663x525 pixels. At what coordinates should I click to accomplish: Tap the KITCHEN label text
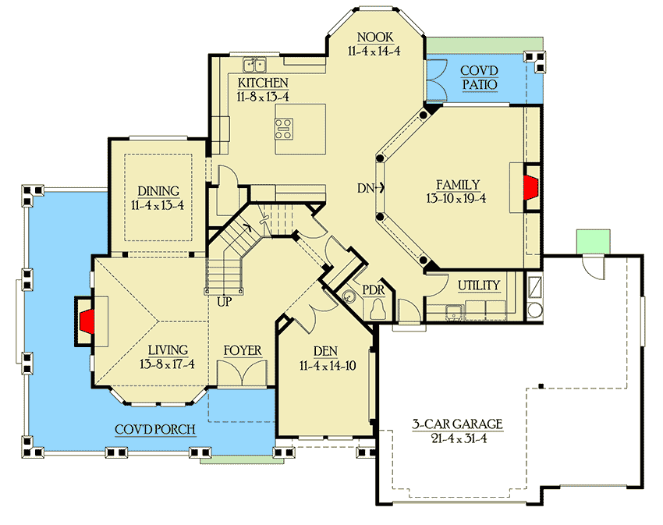[263, 83]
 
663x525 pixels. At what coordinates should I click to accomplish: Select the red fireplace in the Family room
[531, 187]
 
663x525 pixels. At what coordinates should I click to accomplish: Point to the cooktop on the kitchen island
[284, 128]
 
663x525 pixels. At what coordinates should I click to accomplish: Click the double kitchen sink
[254, 65]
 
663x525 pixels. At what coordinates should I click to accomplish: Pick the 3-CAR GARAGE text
[457, 424]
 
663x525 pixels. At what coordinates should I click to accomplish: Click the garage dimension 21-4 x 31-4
[457, 439]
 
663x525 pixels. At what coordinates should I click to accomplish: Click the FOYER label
[243, 350]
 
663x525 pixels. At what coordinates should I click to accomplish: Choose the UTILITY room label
[479, 286]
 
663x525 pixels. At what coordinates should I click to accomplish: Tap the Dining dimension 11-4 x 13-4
[159, 205]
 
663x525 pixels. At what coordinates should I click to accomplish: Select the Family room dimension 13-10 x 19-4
[457, 199]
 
